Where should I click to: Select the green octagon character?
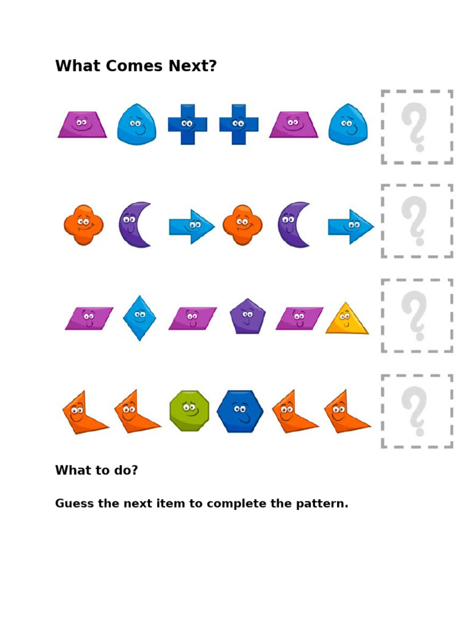[189, 411]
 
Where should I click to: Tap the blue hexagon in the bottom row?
[240, 412]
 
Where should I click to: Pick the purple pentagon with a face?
[247, 317]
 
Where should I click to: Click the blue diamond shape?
[140, 317]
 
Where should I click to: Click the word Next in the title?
[195, 66]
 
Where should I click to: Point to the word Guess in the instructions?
[74, 504]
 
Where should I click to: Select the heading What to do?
[96, 470]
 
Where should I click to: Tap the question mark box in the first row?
[417, 127]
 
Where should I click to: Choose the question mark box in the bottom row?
[417, 411]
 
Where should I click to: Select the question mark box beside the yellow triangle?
[417, 316]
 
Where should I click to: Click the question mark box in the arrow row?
[417, 221]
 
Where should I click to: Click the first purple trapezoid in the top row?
[82, 125]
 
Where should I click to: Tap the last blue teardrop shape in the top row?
[348, 125]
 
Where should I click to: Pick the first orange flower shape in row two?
[83, 225]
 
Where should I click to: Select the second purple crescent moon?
[293, 225]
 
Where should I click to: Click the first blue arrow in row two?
[191, 227]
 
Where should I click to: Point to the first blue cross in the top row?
[188, 124]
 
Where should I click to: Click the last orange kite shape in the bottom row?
[344, 413]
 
